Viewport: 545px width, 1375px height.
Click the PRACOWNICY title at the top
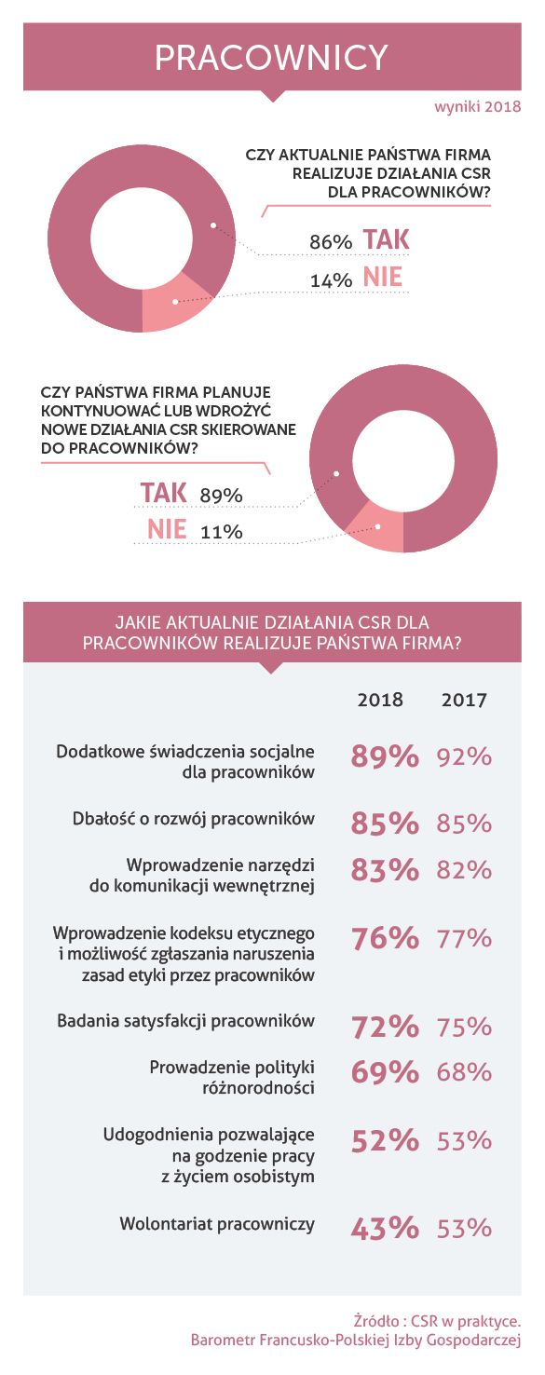[271, 58]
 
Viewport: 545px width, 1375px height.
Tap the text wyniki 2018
[478, 107]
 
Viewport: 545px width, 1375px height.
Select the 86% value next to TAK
[331, 242]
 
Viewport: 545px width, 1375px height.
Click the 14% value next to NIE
[331, 280]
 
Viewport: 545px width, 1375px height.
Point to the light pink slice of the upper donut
[173, 305]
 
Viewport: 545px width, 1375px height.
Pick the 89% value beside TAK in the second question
[222, 496]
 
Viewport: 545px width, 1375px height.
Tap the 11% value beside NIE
[222, 532]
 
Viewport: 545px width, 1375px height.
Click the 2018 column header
[380, 700]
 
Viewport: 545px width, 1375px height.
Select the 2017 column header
[464, 700]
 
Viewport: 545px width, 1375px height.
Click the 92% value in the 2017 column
[464, 756]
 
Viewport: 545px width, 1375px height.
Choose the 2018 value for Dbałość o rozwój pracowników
[385, 824]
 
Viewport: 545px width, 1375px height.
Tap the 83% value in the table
[385, 870]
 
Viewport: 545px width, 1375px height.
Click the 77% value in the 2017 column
[464, 939]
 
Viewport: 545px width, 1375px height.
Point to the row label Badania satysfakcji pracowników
[186, 1021]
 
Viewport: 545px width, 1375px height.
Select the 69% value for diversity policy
[385, 1072]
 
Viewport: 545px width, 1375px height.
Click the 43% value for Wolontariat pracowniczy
[385, 1229]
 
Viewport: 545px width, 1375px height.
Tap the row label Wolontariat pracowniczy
[217, 1224]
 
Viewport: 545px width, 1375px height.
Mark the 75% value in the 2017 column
[464, 1027]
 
